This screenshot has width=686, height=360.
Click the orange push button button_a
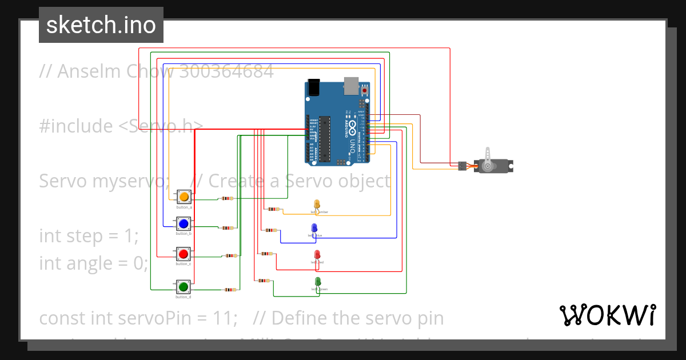pos(184,197)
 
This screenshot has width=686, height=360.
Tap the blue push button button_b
pos(184,223)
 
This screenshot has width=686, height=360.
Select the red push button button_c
pos(184,254)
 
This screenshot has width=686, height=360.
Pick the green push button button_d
pos(184,286)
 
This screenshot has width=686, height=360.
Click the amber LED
pos(317,204)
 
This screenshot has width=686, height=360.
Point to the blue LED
pos(314,228)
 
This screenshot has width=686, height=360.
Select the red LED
pos(317,254)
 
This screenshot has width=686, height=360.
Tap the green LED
pos(318,281)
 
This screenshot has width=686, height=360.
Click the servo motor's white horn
pos(487,157)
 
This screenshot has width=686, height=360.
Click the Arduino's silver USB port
pos(350,85)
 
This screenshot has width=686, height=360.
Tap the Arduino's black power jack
pos(313,87)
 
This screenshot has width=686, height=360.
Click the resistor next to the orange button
pos(228,199)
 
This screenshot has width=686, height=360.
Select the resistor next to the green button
pos(229,290)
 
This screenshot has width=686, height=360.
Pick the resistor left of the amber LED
pos(274,209)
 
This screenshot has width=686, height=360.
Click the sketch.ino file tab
pos(101,25)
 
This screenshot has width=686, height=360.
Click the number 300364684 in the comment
pos(226,71)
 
